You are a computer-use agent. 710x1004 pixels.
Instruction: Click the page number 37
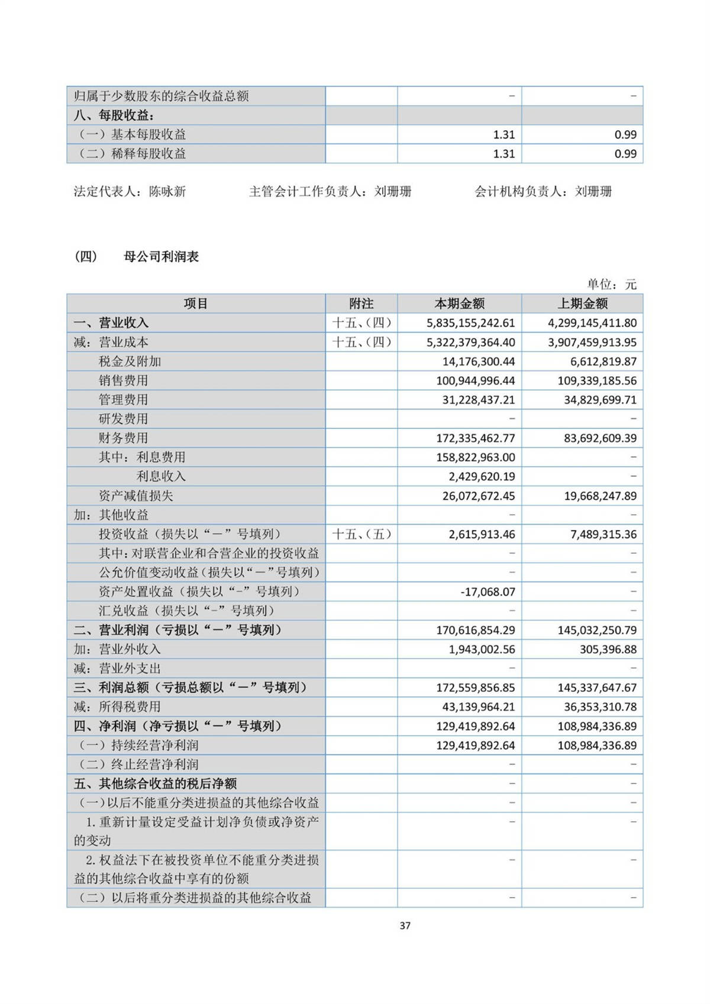pyautogui.click(x=405, y=925)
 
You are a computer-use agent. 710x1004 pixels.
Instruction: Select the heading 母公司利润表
pyautogui.click(x=161, y=257)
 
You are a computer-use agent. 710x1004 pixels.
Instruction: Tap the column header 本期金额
pyautogui.click(x=459, y=304)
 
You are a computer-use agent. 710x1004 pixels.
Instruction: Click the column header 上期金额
pyautogui.click(x=582, y=304)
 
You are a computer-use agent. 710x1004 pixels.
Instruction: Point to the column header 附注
pyautogui.click(x=361, y=304)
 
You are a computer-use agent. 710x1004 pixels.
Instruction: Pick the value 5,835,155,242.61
pyautogui.click(x=470, y=323)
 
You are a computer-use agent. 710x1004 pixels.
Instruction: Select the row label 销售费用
pyautogui.click(x=123, y=380)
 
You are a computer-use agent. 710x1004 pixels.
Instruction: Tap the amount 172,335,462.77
pyautogui.click(x=475, y=438)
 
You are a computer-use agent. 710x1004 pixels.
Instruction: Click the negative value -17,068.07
pyautogui.click(x=488, y=592)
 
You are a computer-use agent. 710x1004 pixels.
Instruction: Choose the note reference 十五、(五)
pyautogui.click(x=362, y=534)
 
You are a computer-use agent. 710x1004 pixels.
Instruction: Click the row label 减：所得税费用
pyautogui.click(x=117, y=706)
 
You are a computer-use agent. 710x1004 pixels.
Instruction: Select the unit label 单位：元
pyautogui.click(x=611, y=285)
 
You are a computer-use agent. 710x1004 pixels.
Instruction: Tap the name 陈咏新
pyautogui.click(x=167, y=192)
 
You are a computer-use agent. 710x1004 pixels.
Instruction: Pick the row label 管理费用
pyautogui.click(x=123, y=400)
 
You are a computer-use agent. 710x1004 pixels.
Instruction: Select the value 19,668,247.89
pyautogui.click(x=600, y=496)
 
